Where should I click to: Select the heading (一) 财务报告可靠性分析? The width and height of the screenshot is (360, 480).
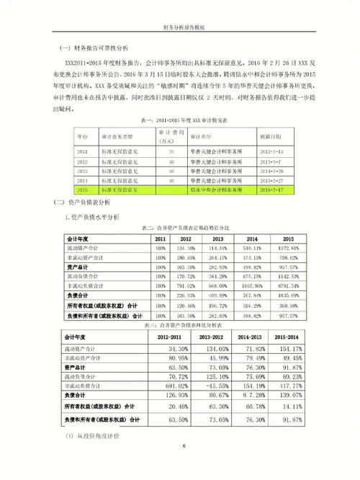[94, 48]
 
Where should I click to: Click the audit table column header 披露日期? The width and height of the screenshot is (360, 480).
[271, 135]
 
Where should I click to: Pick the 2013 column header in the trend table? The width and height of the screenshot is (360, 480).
[218, 238]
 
